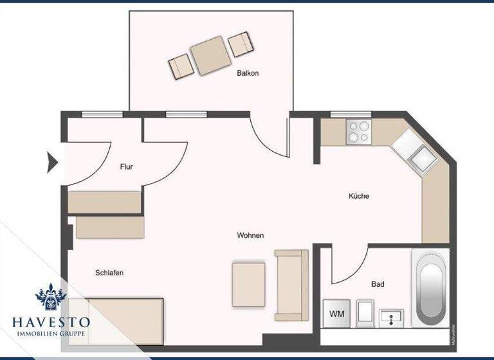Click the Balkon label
pyautogui.click(x=248, y=73)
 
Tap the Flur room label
pyautogui.click(x=126, y=167)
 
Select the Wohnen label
pyautogui.click(x=250, y=236)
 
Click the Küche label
pyautogui.click(x=359, y=196)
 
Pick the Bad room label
pyautogui.click(x=378, y=283)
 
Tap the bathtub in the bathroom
pyautogui.click(x=430, y=289)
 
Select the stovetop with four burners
pyautogui.click(x=358, y=131)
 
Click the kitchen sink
pyautogui.click(x=421, y=154)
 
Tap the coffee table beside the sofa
pyautogui.click(x=248, y=283)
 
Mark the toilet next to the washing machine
pyautogui.click(x=364, y=314)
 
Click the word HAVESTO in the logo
pyautogui.click(x=51, y=321)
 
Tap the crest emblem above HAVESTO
pyautogui.click(x=51, y=298)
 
